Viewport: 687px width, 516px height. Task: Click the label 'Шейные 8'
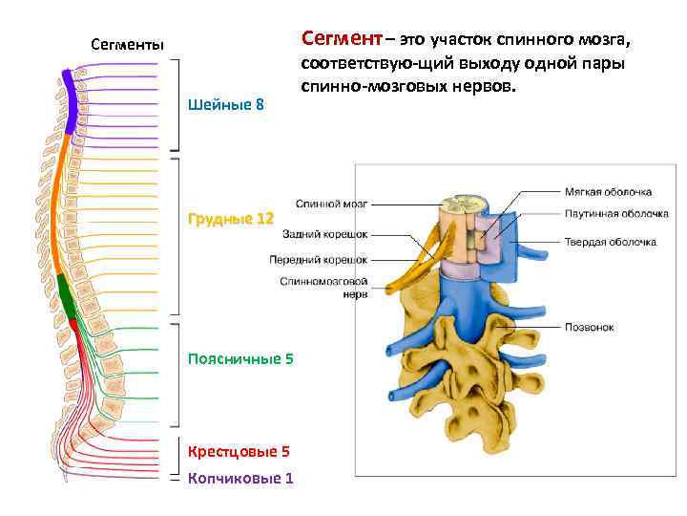[228, 103]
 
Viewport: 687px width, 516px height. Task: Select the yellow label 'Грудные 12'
[231, 219]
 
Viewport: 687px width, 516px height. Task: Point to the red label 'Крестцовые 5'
[239, 450]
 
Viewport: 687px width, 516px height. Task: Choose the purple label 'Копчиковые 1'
[240, 478]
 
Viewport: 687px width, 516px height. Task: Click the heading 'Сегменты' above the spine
[127, 44]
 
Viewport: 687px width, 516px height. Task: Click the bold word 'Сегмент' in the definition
[340, 39]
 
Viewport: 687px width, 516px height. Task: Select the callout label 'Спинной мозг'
[331, 204]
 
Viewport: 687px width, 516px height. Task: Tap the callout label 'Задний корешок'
[324, 233]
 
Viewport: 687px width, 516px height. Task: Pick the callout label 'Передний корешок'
[318, 259]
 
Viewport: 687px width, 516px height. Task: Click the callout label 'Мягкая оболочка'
[607, 191]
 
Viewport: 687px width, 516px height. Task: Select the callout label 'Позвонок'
[589, 327]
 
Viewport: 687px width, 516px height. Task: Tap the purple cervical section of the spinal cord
[69, 100]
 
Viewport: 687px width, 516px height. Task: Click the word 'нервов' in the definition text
[484, 87]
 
